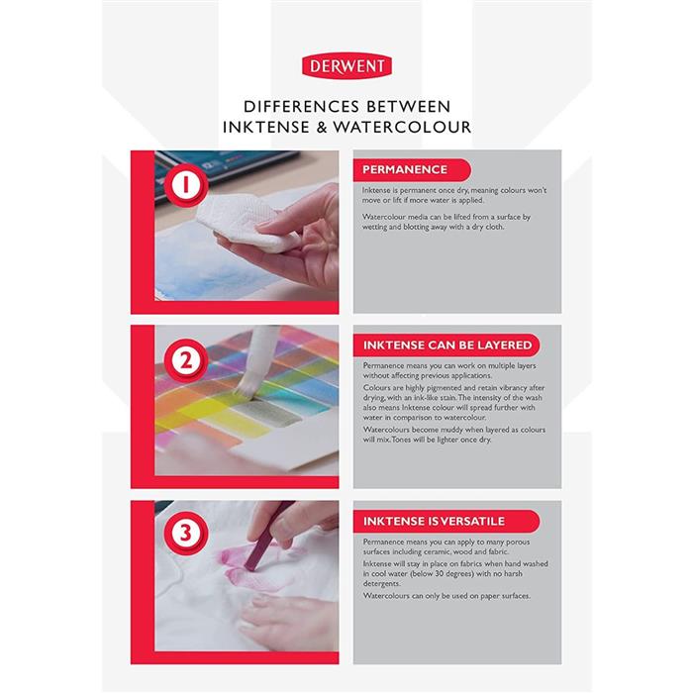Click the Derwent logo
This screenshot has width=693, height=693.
(346, 66)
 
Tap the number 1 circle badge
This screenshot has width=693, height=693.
(186, 184)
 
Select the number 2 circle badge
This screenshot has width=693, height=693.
(186, 360)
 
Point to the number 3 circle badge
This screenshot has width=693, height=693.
(186, 533)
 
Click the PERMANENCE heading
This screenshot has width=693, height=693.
(405, 169)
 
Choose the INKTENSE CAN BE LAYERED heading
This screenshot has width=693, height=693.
(447, 345)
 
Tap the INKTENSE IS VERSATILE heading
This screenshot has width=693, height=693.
(434, 521)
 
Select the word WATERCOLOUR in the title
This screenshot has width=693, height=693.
(402, 128)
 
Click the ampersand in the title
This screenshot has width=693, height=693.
(322, 128)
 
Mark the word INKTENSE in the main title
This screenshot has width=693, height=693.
(266, 128)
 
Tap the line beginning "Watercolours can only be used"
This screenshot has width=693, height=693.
(446, 596)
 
